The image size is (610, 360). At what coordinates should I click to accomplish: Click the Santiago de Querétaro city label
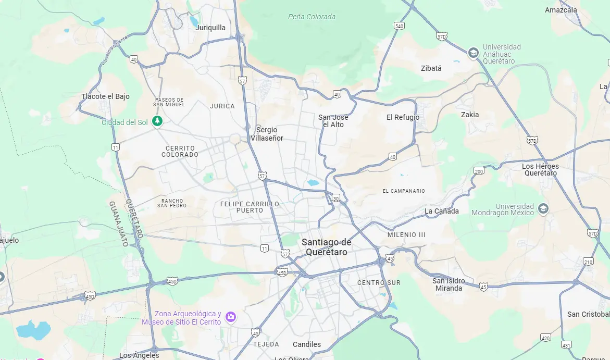coord(326,247)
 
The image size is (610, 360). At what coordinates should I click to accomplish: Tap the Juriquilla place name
coord(210,28)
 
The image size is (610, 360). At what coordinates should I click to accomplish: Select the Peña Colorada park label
coord(312,17)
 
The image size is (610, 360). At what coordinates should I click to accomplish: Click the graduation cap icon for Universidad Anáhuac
coord(473,53)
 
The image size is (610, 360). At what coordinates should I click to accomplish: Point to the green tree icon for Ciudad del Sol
coord(157,121)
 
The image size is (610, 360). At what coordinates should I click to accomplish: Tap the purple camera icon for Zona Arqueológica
coord(230,317)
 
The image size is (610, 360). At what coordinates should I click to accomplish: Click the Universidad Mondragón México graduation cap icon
coord(543,208)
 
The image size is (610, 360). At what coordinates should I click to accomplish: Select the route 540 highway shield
coord(399,26)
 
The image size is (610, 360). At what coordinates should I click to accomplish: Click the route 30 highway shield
coord(337,198)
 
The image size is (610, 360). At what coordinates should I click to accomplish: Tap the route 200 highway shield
coord(479,171)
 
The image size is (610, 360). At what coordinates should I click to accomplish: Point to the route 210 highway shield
coord(588,262)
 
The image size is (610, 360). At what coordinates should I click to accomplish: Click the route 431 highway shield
coord(567,344)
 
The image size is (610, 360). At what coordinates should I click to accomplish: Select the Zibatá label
coord(431,68)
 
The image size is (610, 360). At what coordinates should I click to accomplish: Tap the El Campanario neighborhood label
coord(403,191)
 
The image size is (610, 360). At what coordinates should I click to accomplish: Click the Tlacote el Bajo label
coord(105,96)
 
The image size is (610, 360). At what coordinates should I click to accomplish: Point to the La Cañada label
coord(442,211)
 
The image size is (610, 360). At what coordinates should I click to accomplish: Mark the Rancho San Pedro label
coord(172,203)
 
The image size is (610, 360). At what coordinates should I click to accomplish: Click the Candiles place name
coord(307,344)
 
